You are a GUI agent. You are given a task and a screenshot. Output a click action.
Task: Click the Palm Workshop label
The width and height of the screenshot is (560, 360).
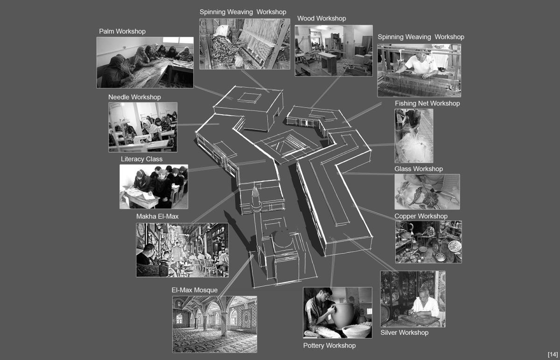click(x=122, y=32)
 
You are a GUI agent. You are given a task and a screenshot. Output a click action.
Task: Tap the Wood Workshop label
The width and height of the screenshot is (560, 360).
click(x=322, y=19)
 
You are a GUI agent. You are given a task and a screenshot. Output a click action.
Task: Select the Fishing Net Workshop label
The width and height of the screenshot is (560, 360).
click(x=427, y=104)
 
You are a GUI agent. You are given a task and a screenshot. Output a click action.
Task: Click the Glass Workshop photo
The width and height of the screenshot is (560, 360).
click(x=427, y=192)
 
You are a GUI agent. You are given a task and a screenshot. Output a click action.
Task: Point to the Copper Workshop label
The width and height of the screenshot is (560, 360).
click(x=421, y=216)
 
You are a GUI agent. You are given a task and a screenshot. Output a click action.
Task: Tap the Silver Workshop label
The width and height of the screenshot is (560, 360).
click(x=404, y=332)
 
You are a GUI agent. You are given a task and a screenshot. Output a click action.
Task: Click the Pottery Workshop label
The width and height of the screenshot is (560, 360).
click(x=329, y=346)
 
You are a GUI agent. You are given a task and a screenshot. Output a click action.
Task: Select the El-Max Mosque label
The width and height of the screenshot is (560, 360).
click(x=195, y=290)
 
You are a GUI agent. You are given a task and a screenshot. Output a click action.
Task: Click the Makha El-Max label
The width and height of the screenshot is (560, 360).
click(x=157, y=216)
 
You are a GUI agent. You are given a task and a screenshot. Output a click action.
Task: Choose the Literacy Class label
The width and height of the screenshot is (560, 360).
click(x=141, y=159)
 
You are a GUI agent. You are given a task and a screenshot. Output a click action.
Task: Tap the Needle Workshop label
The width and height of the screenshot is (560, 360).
click(x=134, y=97)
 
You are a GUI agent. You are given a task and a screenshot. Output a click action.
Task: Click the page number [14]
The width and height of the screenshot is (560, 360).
click(x=553, y=354)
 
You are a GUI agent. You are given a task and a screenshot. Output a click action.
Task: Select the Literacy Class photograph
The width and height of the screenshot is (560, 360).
click(x=154, y=187)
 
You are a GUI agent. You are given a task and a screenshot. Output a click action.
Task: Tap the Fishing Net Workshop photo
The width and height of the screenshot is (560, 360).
click(x=414, y=136)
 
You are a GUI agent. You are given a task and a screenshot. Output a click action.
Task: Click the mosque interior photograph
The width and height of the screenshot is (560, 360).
click(x=215, y=324)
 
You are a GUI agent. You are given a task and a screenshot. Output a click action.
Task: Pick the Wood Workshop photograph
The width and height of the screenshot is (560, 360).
click(x=334, y=50)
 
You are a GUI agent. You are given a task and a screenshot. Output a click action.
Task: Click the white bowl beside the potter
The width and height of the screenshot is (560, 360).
click(x=356, y=331)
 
